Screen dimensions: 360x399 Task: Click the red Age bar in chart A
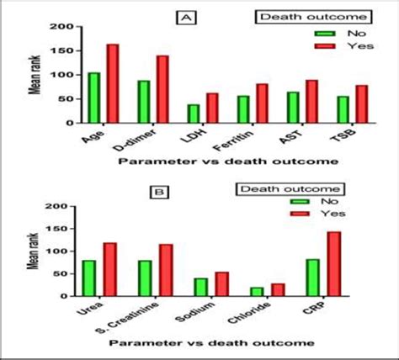112,83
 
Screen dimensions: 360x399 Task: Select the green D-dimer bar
144,102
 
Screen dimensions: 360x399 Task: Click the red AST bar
311,101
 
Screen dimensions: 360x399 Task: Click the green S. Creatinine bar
145,278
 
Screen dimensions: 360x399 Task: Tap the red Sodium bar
221,283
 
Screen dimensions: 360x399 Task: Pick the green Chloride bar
256,291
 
